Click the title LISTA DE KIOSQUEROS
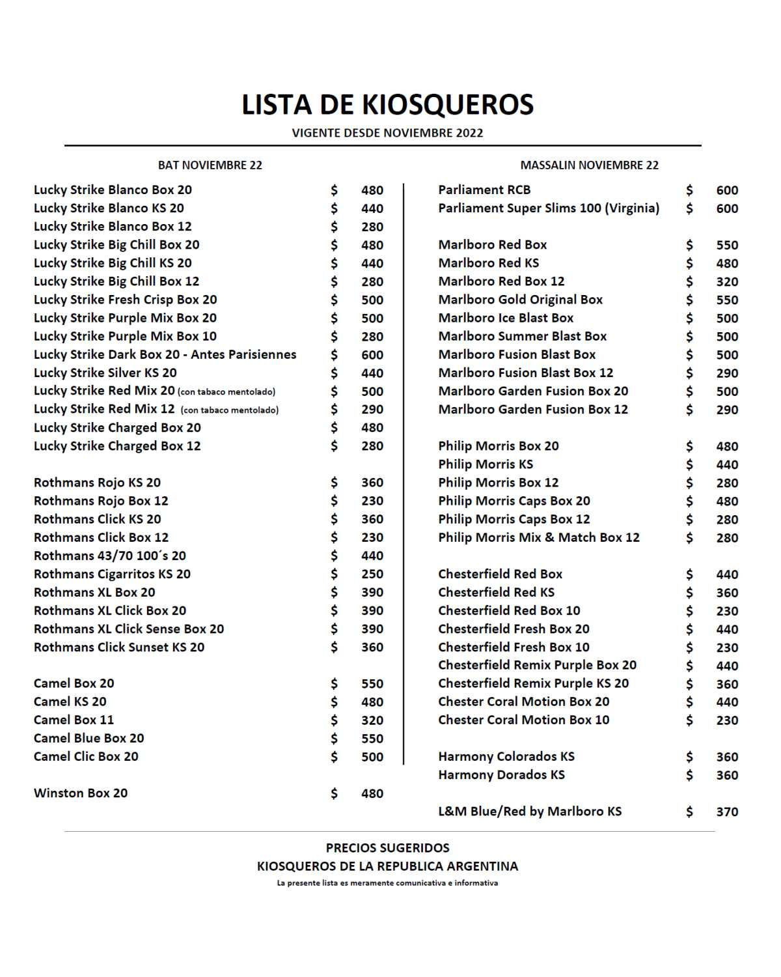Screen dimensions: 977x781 coord(388,105)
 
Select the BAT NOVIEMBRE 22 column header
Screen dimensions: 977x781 coord(210,165)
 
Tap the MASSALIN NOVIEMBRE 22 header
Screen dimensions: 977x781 coord(589,165)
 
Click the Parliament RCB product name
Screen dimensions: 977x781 coord(484,190)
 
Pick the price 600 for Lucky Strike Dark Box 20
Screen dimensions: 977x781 coord(372,355)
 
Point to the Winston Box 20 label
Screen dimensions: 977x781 coord(81,793)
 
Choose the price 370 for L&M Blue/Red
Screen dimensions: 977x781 coord(727,812)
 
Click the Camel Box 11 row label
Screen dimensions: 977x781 coord(74,720)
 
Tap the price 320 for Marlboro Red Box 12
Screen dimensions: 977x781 coord(727,282)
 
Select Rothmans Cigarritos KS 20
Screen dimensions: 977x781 coord(112,574)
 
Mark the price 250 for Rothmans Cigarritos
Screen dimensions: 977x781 coord(372,574)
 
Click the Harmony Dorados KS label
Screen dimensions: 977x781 coord(501,775)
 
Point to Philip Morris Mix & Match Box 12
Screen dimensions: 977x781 coord(539,538)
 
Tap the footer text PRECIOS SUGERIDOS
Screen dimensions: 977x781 coord(388,848)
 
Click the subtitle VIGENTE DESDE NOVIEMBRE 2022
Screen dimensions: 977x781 coord(388,134)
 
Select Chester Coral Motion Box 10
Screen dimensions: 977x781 coord(524,720)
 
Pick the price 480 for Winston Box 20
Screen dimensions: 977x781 coord(372,794)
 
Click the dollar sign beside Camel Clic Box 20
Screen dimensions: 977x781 coord(334,757)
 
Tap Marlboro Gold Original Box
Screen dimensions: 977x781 coord(521,300)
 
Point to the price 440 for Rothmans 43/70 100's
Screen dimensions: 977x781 coord(372,556)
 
